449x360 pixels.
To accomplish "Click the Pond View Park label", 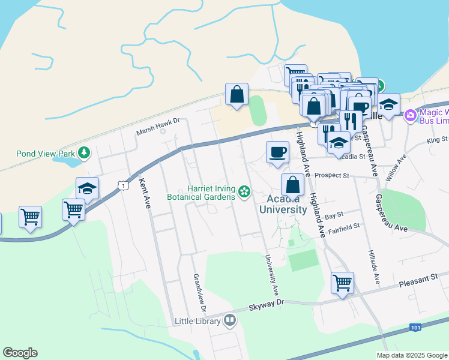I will point(46,152).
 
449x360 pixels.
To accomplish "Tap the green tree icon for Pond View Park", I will point(84,152).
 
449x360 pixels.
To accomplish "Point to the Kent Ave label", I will point(144,193).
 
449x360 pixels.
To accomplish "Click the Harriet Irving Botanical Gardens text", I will point(210,192).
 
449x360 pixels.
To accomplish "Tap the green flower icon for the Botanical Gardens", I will point(244,192).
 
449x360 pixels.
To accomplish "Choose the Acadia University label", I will point(283,204).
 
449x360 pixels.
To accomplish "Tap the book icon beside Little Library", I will point(229,321).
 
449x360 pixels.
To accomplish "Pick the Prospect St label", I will point(334,176).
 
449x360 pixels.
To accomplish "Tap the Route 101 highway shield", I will point(415,327).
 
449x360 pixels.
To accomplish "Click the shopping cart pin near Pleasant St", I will point(342,281).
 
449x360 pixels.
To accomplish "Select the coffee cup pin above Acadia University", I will point(277,151).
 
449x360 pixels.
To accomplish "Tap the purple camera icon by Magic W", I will point(411,115).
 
